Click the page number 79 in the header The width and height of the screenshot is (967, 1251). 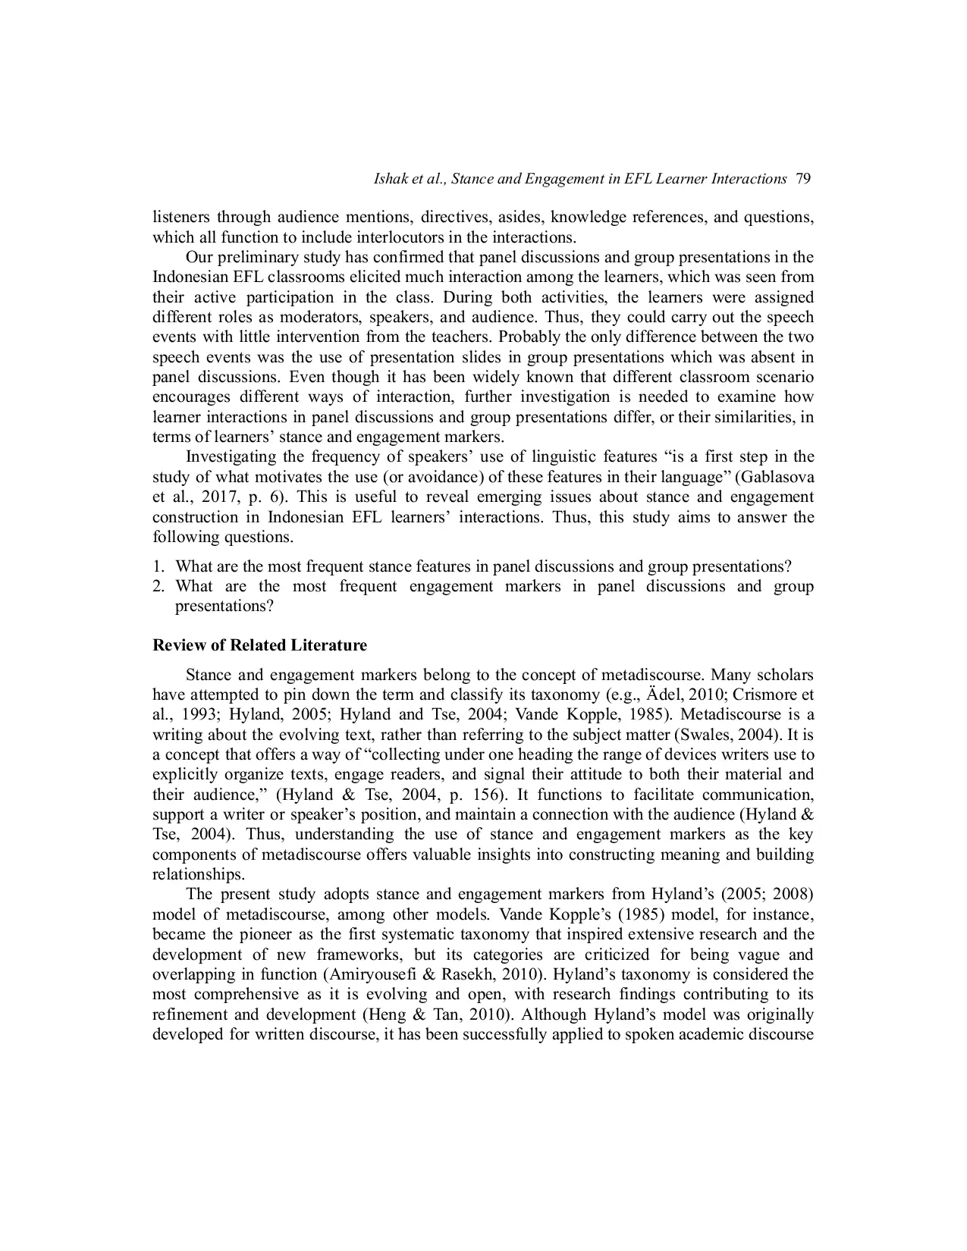[x=804, y=179]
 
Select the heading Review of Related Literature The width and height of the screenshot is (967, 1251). [x=259, y=645]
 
